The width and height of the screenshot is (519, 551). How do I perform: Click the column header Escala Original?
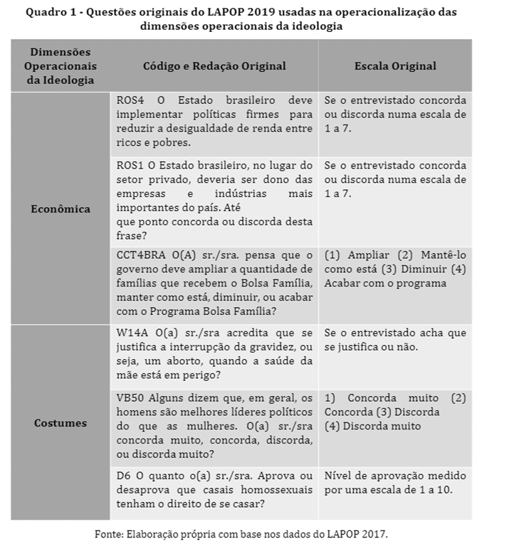coord(394,66)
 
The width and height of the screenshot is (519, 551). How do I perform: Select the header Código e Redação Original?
coord(214,66)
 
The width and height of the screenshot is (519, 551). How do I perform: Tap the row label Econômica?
coord(61,209)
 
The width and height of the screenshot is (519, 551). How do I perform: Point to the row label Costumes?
coord(61,423)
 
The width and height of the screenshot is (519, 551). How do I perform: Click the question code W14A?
coord(131,333)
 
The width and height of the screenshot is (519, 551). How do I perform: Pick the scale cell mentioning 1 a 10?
coord(394,482)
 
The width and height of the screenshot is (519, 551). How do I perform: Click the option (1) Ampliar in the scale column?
coord(353,255)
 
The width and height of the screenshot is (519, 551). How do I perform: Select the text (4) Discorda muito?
coord(372,426)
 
